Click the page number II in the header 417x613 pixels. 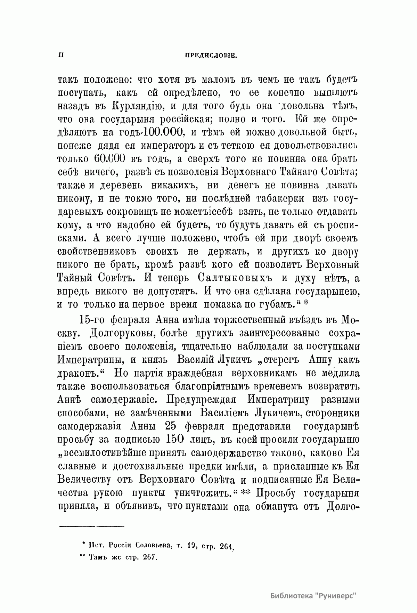61,55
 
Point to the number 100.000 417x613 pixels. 160,132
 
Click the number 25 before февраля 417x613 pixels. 175,426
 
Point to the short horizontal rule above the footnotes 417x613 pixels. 92,526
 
